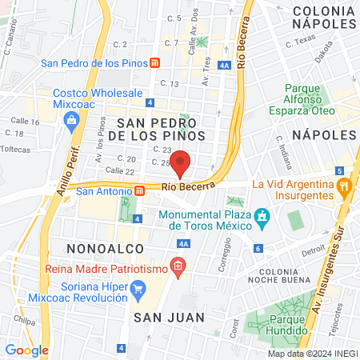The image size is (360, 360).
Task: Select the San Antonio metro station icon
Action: click(139, 190)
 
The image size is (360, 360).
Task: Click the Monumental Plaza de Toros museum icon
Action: click(261, 217)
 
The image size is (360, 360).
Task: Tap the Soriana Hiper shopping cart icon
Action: click(138, 288)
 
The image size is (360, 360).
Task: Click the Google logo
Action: click(26, 350)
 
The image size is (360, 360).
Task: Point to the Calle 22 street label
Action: click(119, 171)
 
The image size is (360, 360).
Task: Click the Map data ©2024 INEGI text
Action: click(312, 354)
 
